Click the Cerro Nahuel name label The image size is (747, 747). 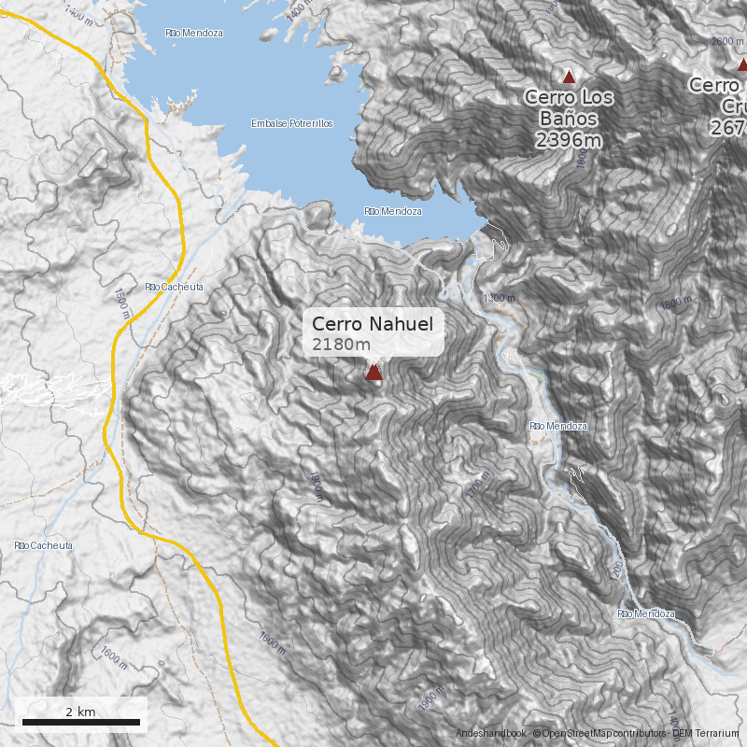click(x=373, y=324)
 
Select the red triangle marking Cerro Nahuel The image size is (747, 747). click(x=374, y=373)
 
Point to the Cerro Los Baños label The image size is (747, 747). click(x=569, y=107)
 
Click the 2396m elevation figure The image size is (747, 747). click(x=569, y=140)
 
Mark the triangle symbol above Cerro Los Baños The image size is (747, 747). click(x=569, y=77)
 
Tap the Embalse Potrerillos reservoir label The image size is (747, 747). click(x=292, y=124)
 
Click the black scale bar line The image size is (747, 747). click(x=80, y=723)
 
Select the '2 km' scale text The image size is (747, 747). click(x=80, y=712)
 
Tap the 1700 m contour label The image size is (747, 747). click(x=476, y=486)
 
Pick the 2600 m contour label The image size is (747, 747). click(x=727, y=41)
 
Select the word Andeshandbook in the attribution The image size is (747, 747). click(x=490, y=735)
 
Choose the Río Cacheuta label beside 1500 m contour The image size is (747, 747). click(x=174, y=287)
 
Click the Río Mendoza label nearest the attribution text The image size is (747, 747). click(x=645, y=613)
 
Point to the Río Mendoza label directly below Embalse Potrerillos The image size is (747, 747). click(x=393, y=212)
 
